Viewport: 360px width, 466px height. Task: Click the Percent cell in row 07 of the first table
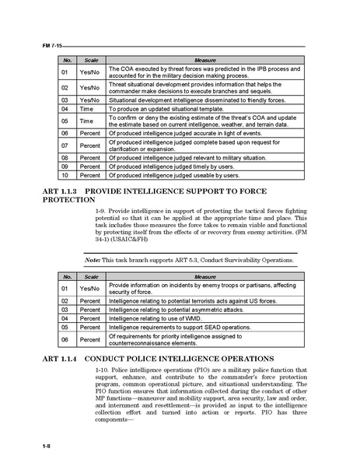[x=90, y=145]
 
